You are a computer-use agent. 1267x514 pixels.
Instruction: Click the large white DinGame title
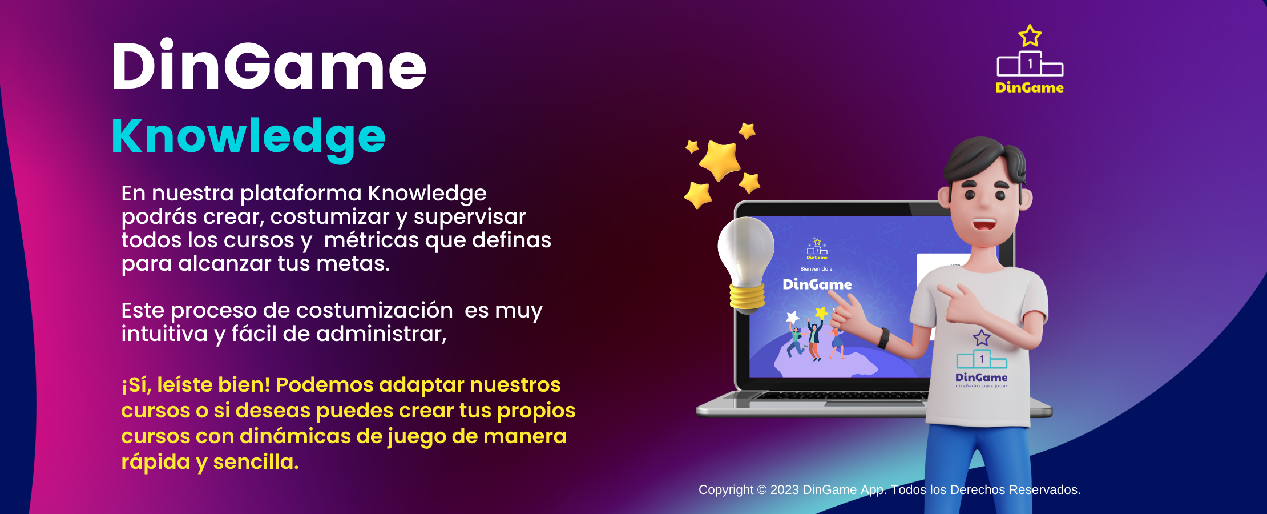click(x=269, y=65)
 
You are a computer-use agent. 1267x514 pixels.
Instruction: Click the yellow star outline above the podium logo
click(x=1030, y=36)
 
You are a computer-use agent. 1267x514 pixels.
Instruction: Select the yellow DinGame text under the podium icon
click(x=1030, y=87)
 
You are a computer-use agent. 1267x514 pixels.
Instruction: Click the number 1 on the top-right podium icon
click(x=1030, y=64)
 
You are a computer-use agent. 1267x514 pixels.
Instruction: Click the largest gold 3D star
click(x=720, y=160)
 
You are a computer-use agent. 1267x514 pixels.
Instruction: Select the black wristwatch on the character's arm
click(x=883, y=338)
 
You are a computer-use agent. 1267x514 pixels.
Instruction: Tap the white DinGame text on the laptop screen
click(x=817, y=284)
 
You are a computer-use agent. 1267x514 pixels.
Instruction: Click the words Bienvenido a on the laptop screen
click(x=816, y=269)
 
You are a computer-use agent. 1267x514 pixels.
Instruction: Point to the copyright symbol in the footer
click(x=762, y=490)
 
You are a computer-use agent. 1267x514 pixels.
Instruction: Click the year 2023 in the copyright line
click(x=785, y=490)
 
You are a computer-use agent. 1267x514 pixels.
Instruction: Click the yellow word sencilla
click(x=256, y=462)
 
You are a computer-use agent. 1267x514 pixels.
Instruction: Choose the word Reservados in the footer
click(x=1045, y=490)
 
